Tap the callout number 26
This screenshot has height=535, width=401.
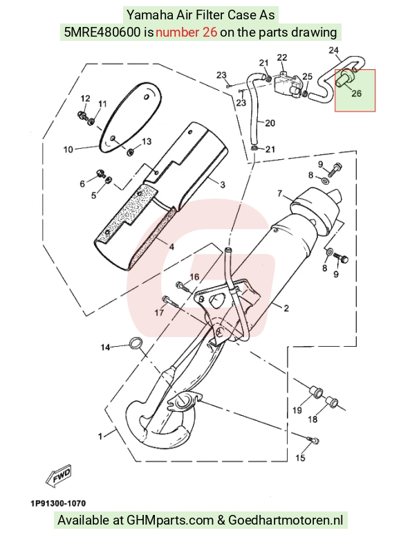356,93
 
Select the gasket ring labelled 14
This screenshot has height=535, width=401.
136,343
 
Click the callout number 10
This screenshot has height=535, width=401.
68,149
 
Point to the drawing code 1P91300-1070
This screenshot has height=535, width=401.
58,503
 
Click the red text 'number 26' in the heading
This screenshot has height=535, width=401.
187,33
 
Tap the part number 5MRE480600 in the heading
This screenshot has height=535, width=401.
102,33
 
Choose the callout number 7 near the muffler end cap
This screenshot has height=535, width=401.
280,194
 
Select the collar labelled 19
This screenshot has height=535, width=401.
315,392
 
